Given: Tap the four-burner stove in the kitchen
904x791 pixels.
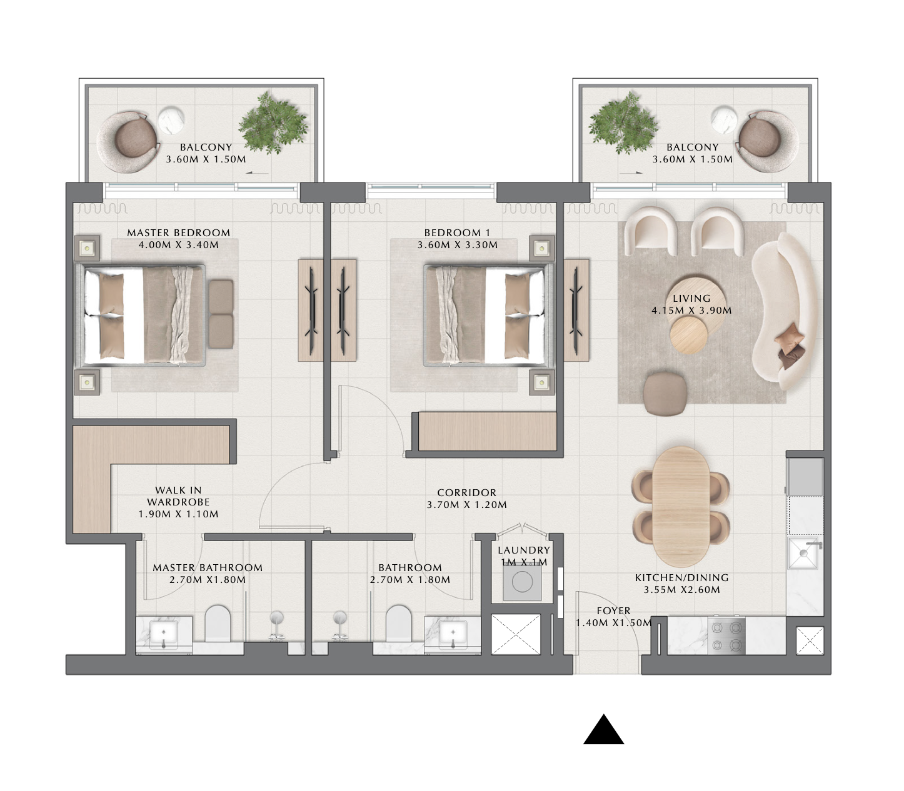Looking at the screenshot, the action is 726,636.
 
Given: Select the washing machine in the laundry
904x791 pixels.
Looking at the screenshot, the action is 522,582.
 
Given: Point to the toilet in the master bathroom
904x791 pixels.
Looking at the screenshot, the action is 218,624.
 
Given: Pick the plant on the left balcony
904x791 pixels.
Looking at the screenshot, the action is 273,122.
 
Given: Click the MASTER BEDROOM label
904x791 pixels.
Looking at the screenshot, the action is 179,232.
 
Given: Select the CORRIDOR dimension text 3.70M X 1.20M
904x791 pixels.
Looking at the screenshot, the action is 466,504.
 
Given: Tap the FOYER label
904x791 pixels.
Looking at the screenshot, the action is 614,611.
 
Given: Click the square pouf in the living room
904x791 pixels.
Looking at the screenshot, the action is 665,393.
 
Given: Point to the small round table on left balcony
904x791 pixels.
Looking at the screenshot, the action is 171,121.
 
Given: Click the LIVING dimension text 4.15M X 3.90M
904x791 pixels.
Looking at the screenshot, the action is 691,311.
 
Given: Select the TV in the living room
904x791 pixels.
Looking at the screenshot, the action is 576,311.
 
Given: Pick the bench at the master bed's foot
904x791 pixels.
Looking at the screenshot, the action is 221,314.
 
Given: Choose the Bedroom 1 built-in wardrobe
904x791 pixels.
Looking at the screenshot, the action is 487,431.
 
